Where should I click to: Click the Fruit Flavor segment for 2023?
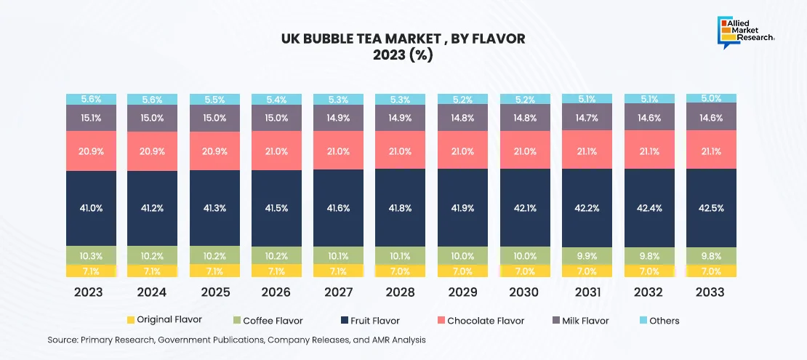pyautogui.click(x=92, y=208)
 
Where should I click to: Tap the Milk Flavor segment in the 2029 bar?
pyautogui.click(x=462, y=117)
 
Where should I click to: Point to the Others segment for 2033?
pyautogui.click(x=711, y=98)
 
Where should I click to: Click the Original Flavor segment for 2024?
pyautogui.click(x=153, y=270)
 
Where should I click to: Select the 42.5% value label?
pyautogui.click(x=711, y=208)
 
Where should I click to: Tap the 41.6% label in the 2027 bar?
pyautogui.click(x=339, y=208)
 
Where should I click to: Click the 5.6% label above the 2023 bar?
pyautogui.click(x=92, y=98)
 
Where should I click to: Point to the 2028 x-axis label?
pyautogui.click(x=400, y=292)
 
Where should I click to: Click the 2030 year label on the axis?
pyautogui.click(x=524, y=292)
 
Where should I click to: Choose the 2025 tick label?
pyautogui.click(x=214, y=292)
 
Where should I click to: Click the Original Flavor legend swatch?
pyautogui.click(x=131, y=321)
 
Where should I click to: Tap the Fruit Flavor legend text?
pyautogui.click(x=374, y=321)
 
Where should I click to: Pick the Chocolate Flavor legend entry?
pyautogui.click(x=485, y=321)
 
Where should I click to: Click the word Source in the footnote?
pyautogui.click(x=63, y=340)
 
